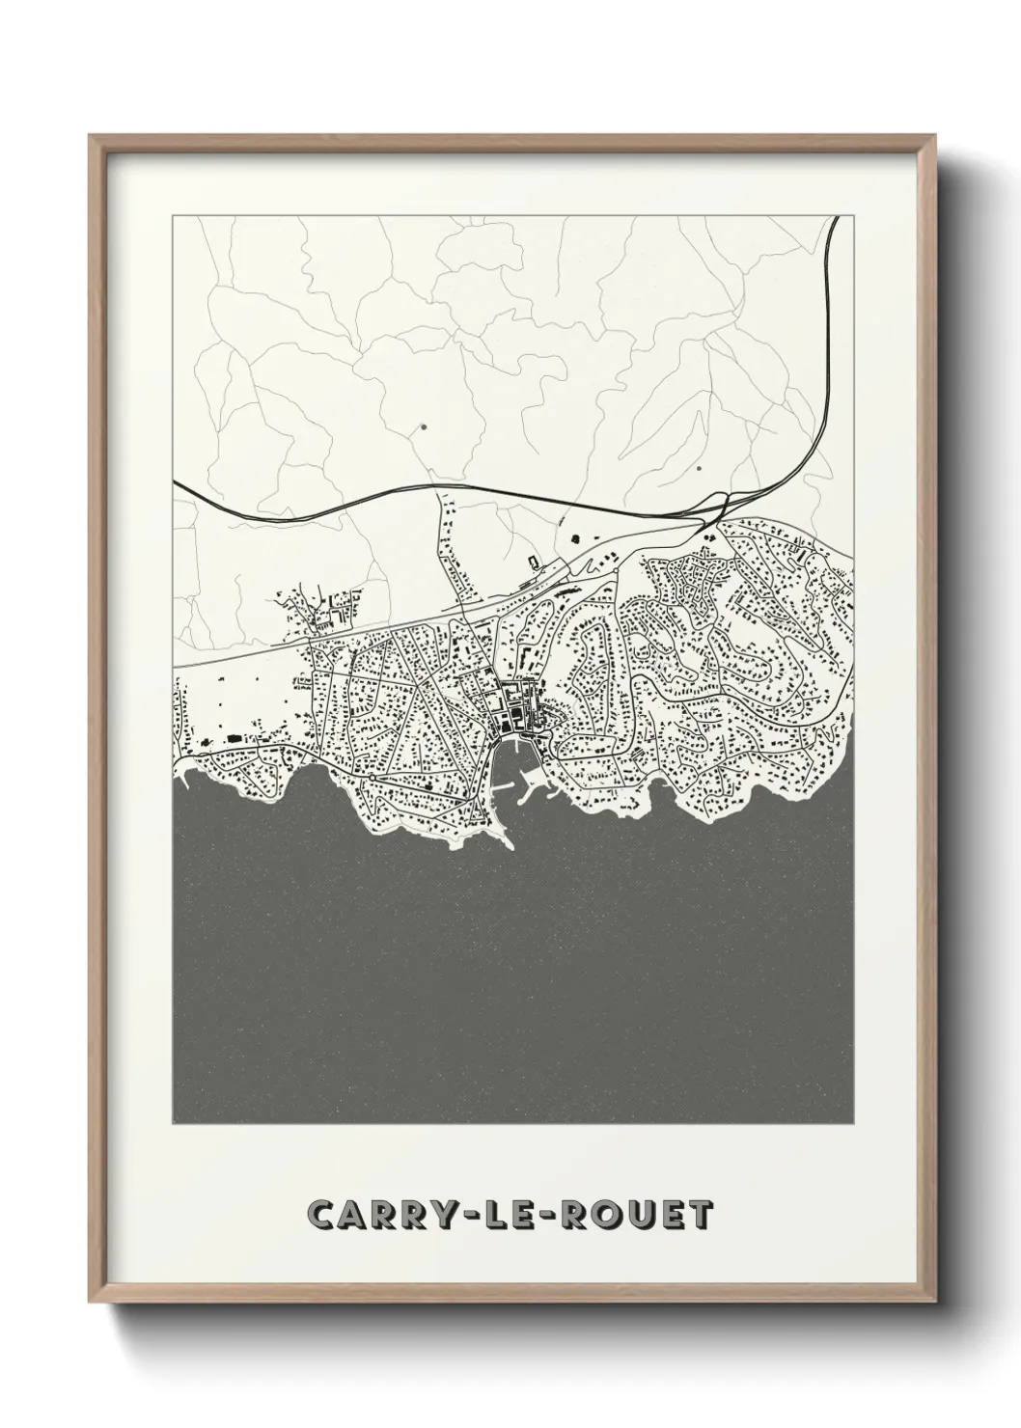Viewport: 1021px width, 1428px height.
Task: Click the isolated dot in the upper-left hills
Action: coord(422,425)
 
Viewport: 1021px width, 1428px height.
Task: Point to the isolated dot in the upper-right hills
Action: coord(697,469)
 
